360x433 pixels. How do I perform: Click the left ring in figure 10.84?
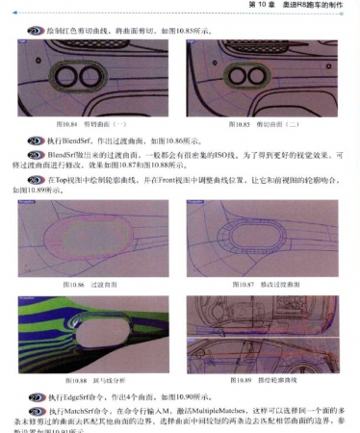[73, 78]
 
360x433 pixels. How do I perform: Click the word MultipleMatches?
[191, 409]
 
